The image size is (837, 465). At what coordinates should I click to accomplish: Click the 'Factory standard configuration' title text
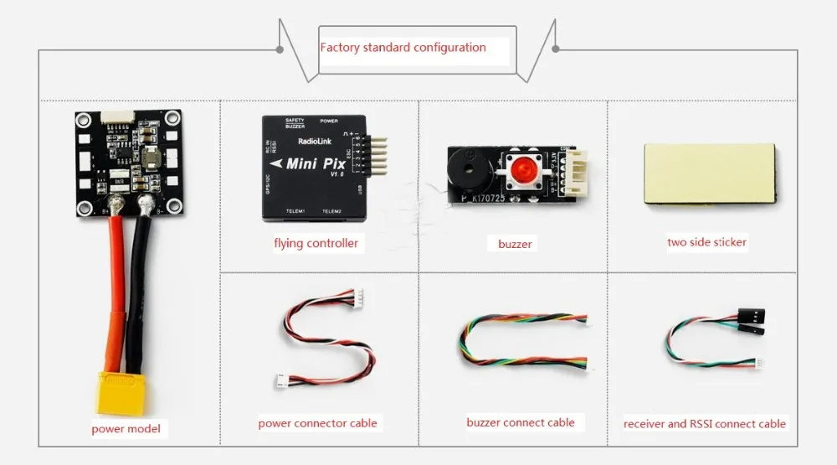point(403,47)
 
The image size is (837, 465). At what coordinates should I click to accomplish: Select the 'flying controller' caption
point(316,244)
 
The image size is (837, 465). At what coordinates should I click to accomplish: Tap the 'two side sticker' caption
point(706,242)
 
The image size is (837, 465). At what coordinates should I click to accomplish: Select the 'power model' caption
point(126,430)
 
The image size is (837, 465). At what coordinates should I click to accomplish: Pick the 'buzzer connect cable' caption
point(520,422)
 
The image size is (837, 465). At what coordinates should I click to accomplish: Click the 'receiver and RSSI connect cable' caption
point(704,424)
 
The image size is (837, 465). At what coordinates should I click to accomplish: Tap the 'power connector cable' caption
point(317,423)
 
